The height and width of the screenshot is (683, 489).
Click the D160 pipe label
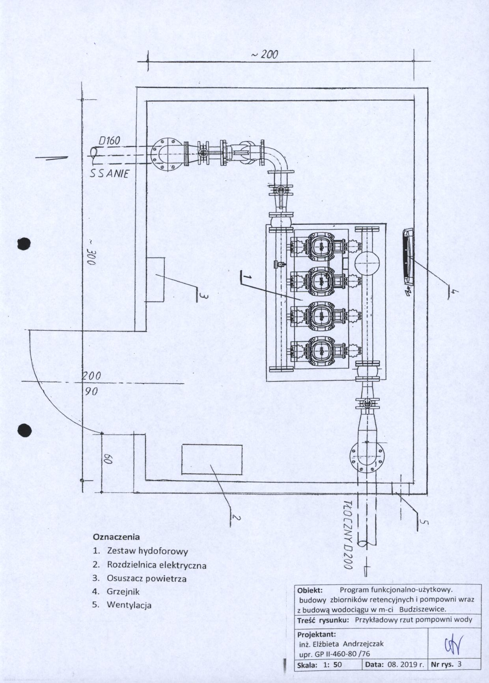(x=109, y=141)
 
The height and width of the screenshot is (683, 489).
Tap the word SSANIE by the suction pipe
(x=109, y=174)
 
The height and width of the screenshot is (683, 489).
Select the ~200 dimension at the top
(x=264, y=55)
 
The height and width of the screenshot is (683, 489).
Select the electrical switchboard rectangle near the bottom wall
(x=212, y=460)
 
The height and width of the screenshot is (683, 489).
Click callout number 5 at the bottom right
(x=422, y=522)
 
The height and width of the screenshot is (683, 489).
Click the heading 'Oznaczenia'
(x=116, y=536)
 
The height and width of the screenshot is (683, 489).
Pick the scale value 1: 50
(x=332, y=665)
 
